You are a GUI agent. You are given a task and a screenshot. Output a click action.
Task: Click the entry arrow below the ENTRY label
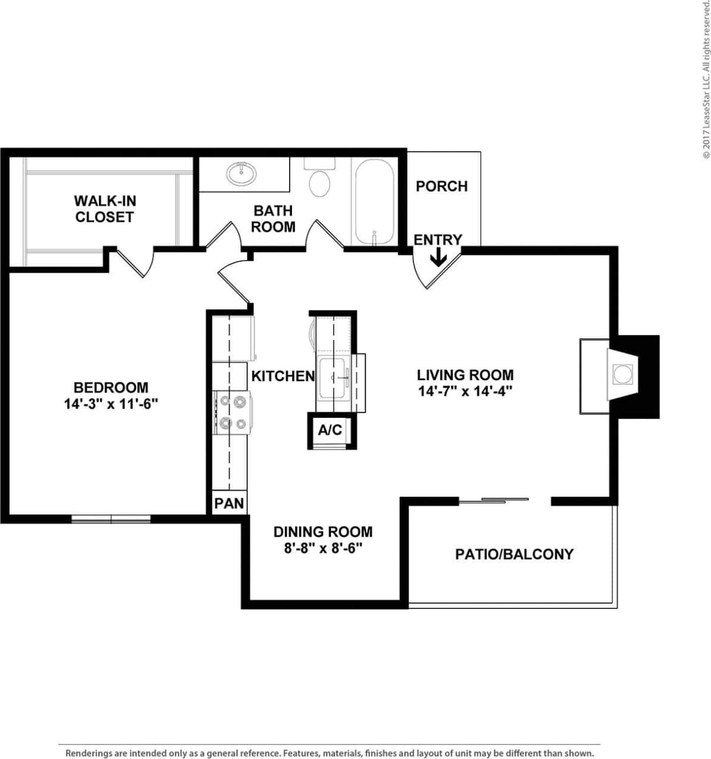[438, 259]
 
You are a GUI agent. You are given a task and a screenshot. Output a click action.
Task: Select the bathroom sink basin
[241, 174]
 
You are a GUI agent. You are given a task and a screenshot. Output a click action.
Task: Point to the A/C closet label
[330, 430]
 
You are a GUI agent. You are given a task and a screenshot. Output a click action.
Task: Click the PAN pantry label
[229, 503]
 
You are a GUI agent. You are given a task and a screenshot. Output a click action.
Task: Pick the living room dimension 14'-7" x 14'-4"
[465, 391]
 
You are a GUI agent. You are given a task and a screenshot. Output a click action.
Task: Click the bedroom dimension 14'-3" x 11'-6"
[111, 403]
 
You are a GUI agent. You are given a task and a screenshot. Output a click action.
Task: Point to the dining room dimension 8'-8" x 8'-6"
[323, 548]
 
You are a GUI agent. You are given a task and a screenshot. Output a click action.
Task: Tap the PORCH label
[441, 186]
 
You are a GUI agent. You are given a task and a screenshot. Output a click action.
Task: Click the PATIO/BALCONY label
[514, 554]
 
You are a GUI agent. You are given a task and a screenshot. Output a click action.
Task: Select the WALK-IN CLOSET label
[104, 208]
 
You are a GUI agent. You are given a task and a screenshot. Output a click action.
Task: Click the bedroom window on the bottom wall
[111, 519]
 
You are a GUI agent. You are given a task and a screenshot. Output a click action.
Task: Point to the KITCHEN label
[283, 376]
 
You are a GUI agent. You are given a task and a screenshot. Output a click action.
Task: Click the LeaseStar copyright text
[705, 79]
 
